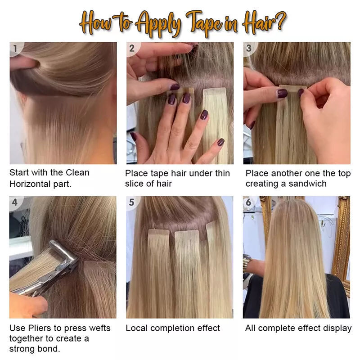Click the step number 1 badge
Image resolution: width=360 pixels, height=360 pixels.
click(x=16, y=48)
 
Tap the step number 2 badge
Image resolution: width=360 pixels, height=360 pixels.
click(x=132, y=48)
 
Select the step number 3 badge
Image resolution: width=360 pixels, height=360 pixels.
click(x=249, y=48)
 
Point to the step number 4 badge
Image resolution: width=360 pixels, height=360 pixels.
click(x=15, y=202)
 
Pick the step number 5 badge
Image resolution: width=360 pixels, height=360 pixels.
click(x=131, y=202)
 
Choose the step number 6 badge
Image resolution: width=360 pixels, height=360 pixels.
click(x=248, y=202)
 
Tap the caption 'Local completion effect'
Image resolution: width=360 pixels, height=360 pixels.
click(x=173, y=328)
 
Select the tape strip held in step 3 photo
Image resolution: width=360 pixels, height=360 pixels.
click(x=293, y=88)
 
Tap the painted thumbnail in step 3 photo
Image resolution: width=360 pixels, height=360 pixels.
click(x=282, y=94)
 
